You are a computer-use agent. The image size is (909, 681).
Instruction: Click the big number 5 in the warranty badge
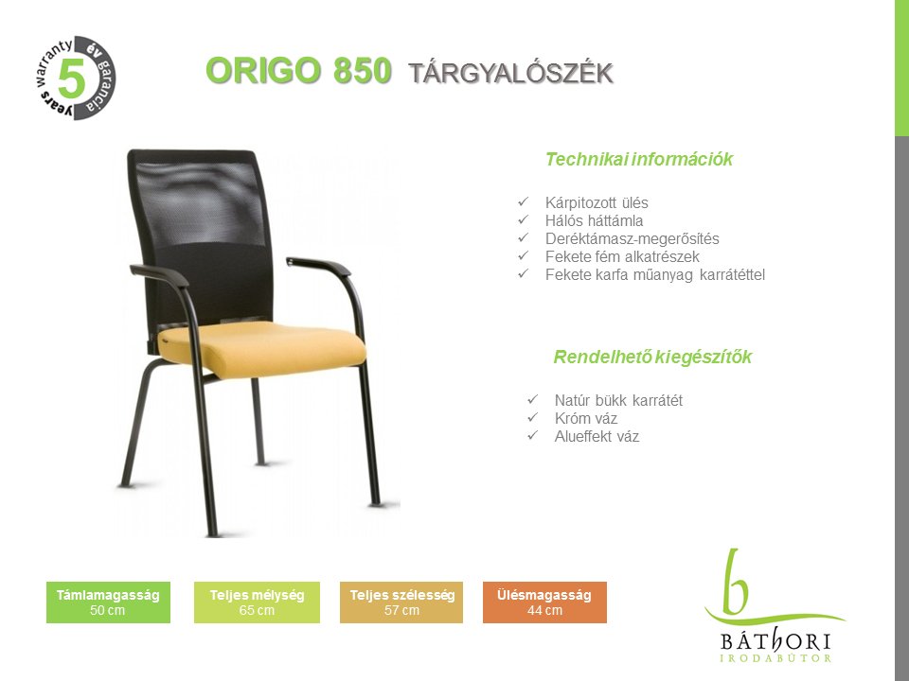point(72,78)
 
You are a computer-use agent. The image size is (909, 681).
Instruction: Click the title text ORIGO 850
point(298,71)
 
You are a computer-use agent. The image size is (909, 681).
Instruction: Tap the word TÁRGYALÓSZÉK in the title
point(510,74)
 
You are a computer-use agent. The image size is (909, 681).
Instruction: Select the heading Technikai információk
point(639,159)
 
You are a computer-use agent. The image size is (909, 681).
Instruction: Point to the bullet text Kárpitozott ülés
point(597,202)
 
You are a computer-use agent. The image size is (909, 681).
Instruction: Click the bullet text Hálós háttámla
point(594,220)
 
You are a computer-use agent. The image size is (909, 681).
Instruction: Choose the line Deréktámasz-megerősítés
point(632,238)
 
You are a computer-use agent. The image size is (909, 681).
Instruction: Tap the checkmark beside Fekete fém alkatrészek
point(524,255)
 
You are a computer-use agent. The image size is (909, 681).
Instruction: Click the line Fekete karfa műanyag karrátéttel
point(655,274)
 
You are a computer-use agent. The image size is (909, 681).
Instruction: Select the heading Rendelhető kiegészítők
point(652,357)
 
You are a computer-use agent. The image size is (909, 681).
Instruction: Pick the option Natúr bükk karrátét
point(618,400)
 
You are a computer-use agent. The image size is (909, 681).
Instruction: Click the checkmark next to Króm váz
point(533,417)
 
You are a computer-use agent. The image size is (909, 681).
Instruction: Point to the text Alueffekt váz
point(597,436)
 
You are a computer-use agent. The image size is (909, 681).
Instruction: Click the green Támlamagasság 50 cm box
point(108,602)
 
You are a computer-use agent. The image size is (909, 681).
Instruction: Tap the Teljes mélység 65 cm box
point(257,602)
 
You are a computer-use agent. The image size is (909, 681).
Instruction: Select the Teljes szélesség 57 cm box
point(401,602)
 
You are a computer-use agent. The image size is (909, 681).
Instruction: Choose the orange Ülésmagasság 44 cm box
point(545,602)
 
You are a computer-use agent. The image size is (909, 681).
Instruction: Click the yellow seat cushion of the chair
point(267,347)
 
